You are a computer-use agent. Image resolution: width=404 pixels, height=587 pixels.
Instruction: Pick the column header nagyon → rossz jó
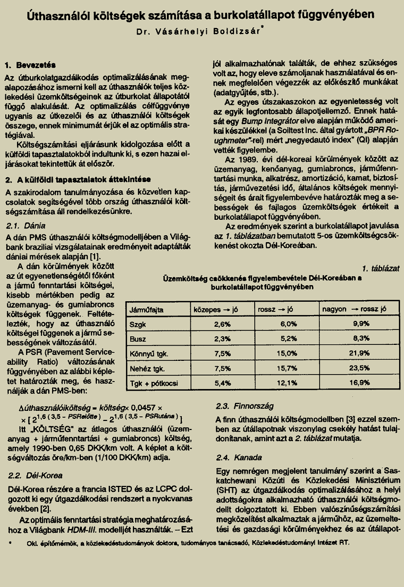(353, 309)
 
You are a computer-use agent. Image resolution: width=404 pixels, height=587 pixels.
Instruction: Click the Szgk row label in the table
(138, 324)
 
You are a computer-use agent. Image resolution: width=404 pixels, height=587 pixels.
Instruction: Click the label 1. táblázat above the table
(380, 268)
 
